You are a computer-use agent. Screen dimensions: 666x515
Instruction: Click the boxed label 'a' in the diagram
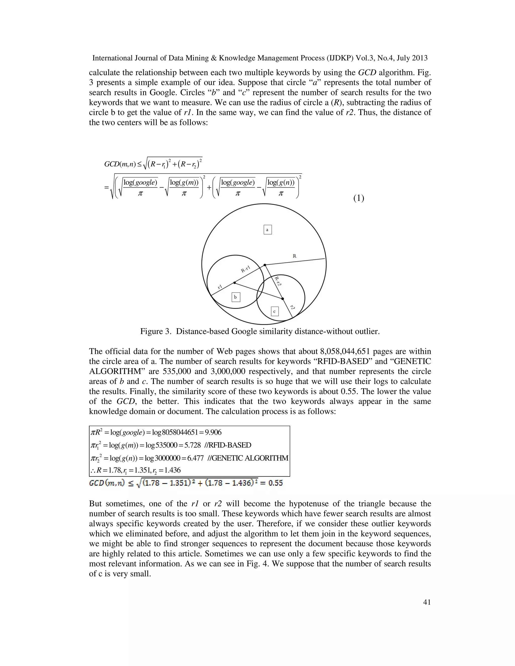(267, 230)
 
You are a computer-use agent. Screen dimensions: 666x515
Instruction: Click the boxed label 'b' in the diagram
(236, 297)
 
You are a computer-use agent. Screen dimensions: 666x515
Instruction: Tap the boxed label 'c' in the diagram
(275, 311)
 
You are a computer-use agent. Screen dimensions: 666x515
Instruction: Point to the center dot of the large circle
(265, 265)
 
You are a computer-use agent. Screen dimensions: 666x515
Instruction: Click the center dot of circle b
(234, 283)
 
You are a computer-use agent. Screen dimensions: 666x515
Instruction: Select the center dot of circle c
(282, 299)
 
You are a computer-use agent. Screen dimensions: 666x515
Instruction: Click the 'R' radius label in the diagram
(294, 256)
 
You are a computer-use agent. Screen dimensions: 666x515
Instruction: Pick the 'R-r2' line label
(277, 281)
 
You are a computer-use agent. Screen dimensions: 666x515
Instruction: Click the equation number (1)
(359, 198)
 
